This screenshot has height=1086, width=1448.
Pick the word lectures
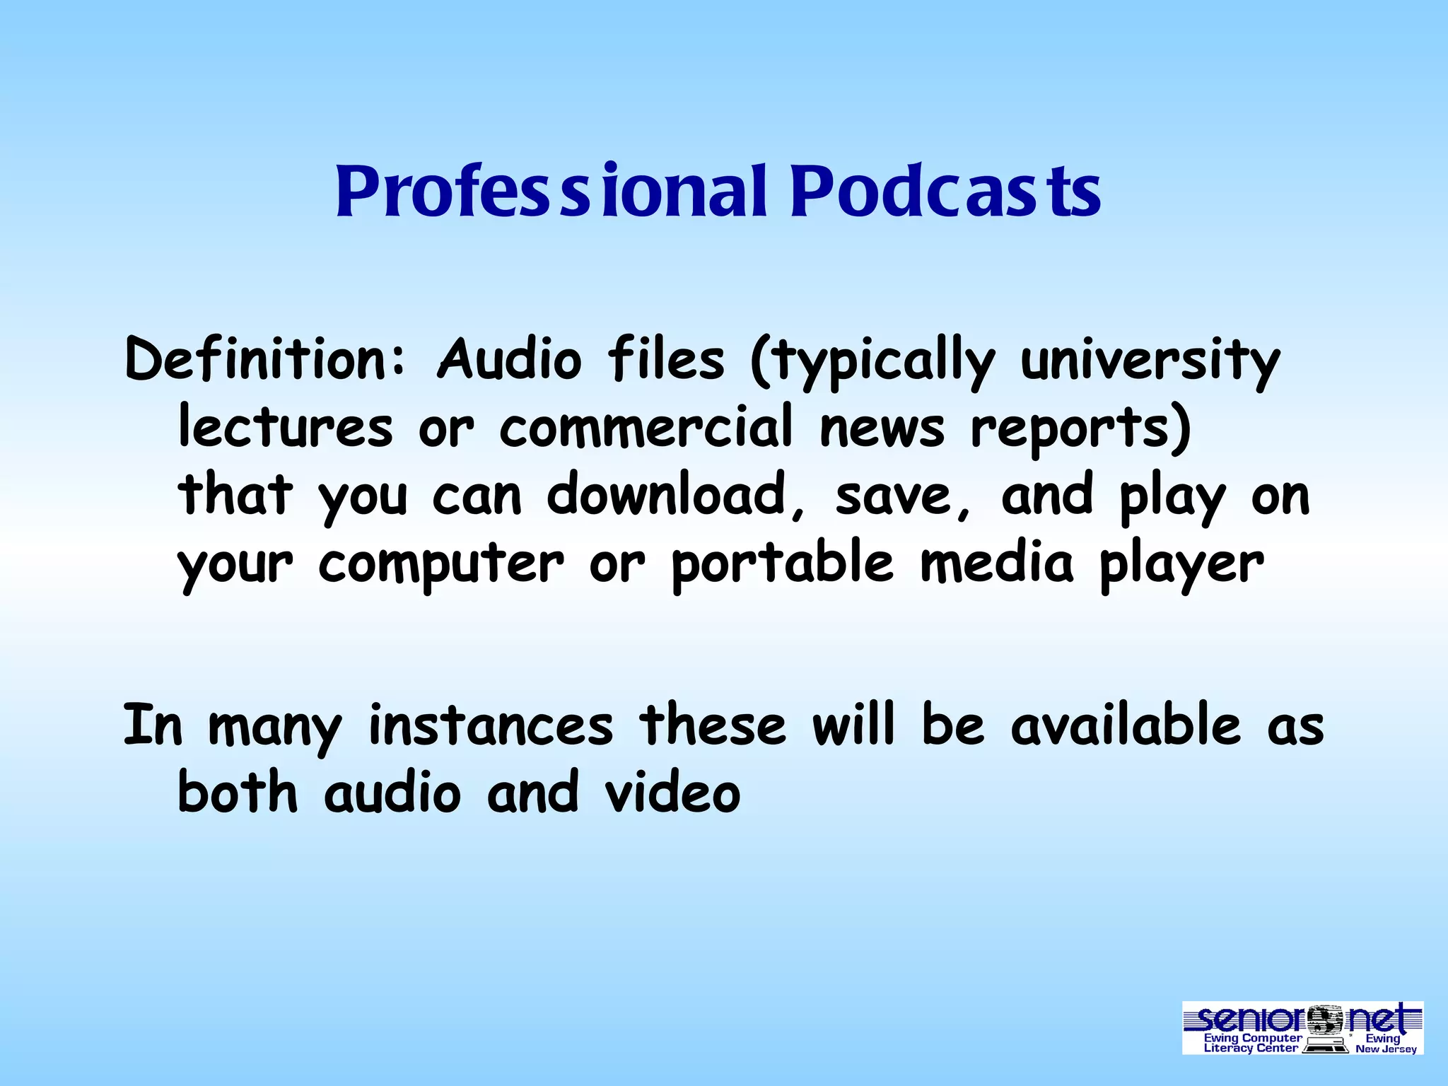tap(285, 427)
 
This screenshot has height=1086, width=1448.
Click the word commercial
tap(646, 427)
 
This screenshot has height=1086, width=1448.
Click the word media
tap(997, 563)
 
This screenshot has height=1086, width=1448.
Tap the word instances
tap(491, 725)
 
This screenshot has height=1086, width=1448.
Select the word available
tap(1126, 725)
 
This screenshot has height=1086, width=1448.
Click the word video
tap(672, 792)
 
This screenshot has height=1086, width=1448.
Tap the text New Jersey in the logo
tap(1386, 1049)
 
